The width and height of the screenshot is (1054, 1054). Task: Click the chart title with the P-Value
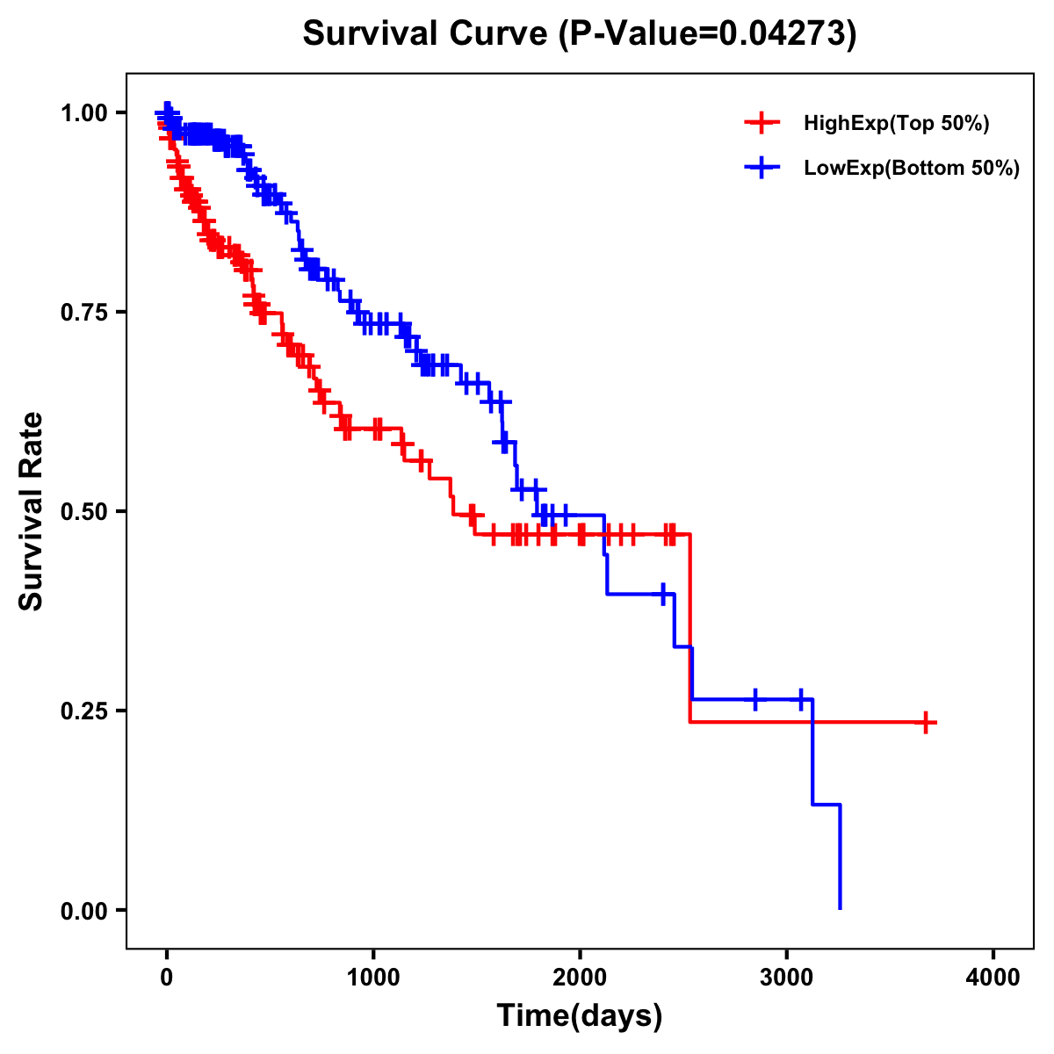(579, 34)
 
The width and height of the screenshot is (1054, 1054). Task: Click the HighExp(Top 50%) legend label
(896, 124)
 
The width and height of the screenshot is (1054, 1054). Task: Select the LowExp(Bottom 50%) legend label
(912, 169)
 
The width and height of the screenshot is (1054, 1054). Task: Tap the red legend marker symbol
(762, 124)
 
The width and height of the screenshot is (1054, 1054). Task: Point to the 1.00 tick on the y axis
(83, 112)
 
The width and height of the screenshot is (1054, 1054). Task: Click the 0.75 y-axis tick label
(83, 312)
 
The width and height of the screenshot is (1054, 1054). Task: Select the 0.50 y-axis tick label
(83, 511)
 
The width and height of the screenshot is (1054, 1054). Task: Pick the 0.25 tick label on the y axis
(83, 711)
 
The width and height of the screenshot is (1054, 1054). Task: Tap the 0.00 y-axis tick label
(83, 910)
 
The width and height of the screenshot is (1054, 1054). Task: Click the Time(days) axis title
(580, 1016)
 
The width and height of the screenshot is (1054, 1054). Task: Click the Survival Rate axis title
(32, 511)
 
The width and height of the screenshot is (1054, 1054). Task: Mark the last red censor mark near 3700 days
(925, 722)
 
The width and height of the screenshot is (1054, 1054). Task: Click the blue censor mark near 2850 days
(754, 699)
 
